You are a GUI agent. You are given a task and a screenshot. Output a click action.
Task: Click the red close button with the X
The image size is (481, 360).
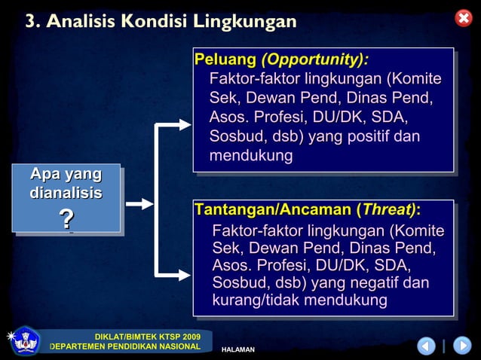coord(464,18)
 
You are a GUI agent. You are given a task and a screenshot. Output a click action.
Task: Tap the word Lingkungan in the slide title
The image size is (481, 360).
coord(244,22)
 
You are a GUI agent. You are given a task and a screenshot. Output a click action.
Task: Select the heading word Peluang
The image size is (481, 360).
coord(225,59)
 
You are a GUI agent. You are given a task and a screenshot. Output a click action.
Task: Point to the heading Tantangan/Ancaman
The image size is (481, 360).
coord(272,209)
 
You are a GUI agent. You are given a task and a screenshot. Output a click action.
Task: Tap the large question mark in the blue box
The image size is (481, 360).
coord(66,219)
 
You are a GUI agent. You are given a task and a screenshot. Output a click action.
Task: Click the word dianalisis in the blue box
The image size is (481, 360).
coord(66,194)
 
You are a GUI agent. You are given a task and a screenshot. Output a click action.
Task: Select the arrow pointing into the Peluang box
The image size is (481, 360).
coord(179,125)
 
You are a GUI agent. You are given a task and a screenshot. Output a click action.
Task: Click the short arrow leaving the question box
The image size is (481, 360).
coord(139,203)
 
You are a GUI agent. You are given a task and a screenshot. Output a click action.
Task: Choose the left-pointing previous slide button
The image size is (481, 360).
coord(427,346)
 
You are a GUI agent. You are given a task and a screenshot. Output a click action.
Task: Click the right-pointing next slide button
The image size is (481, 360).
coord(461,346)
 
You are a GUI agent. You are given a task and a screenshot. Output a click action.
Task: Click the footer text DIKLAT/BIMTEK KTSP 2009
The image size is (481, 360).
coord(147,336)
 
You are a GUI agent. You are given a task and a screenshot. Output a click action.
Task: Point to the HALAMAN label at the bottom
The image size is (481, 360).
coord(237,349)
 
